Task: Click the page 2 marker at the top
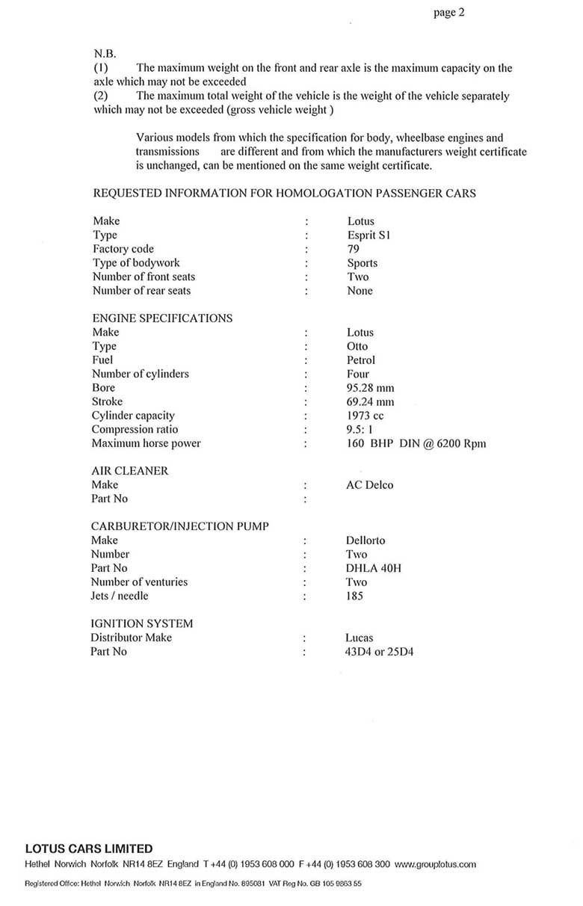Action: pos(449,13)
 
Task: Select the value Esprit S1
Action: pos(368,235)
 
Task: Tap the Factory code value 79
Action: pos(354,249)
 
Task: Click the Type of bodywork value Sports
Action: pos(363,263)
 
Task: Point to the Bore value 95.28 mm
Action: pos(370,388)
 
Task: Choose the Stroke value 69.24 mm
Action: pos(370,401)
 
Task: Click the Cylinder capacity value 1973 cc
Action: pos(365,416)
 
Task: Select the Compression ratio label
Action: pos(135,430)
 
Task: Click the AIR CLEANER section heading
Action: pos(129,471)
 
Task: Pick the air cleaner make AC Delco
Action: pos(369,485)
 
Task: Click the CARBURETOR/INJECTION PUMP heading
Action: pos(180,526)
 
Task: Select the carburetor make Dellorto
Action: pos(365,540)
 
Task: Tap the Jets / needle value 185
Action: pos(354,596)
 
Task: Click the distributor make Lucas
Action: pos(359,638)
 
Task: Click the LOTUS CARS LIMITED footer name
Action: pos(89,848)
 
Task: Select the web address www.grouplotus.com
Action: pos(435,864)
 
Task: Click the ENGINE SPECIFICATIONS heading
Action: pos(162,318)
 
